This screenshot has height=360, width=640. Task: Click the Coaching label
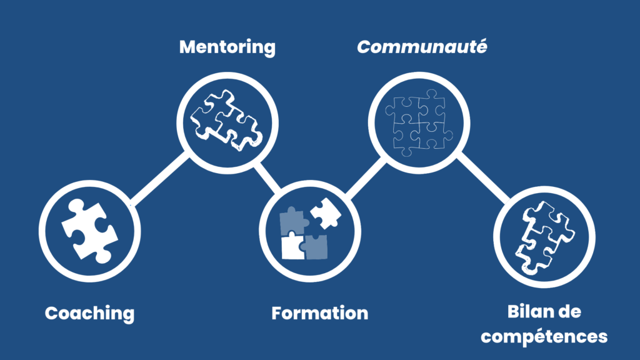89,313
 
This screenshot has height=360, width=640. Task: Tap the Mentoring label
227,47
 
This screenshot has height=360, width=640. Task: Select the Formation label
319,313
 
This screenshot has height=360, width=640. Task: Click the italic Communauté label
421,47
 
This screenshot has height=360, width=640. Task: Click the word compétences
544,336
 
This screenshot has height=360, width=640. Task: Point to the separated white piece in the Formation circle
325,212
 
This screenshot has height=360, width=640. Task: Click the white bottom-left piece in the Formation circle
292,245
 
